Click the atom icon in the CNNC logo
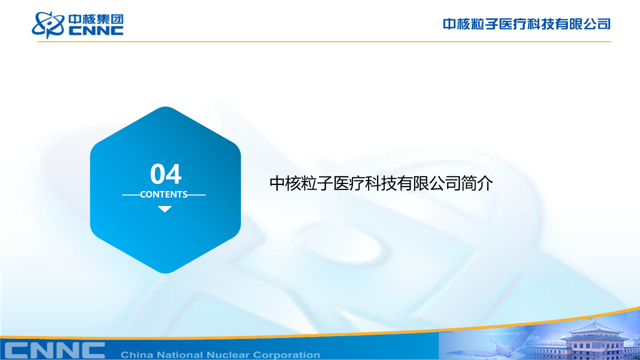pyautogui.click(x=48, y=25)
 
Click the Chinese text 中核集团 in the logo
pyautogui.click(x=96, y=19)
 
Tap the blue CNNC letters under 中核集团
pyautogui.click(x=96, y=31)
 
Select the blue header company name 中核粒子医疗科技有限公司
pyautogui.click(x=526, y=24)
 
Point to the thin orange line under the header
pyautogui.click(x=324, y=41)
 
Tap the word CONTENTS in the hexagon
pyautogui.click(x=163, y=194)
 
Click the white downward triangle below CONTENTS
pyautogui.click(x=164, y=209)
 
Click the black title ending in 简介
pyautogui.click(x=381, y=183)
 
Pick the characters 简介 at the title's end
pyautogui.click(x=477, y=183)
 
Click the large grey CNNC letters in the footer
pyautogui.click(x=55, y=350)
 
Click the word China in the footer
pyautogui.click(x=137, y=355)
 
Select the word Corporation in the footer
pyautogui.click(x=286, y=355)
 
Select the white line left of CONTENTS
pyautogui.click(x=131, y=195)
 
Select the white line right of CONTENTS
pyautogui.click(x=196, y=195)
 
